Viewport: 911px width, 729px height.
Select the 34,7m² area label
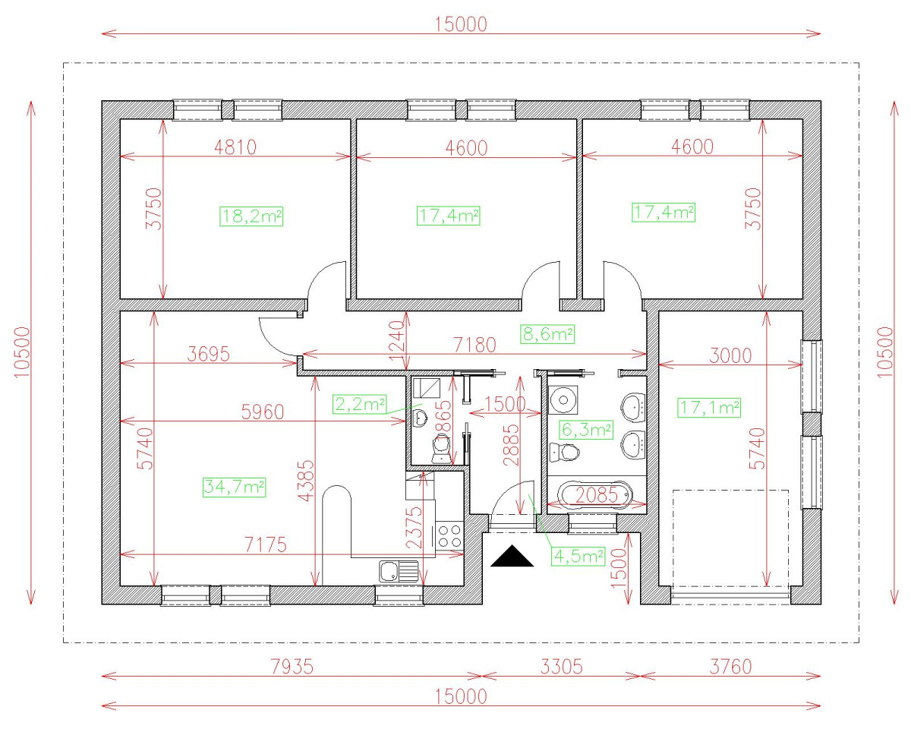234,487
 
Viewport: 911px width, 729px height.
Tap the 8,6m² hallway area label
547,333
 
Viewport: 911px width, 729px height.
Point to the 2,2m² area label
359,405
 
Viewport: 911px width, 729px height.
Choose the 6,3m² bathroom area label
586,430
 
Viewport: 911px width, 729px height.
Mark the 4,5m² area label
578,556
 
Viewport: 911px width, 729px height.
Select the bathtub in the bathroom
594,497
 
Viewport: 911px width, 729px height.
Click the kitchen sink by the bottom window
399,570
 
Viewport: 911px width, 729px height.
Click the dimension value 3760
730,666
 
